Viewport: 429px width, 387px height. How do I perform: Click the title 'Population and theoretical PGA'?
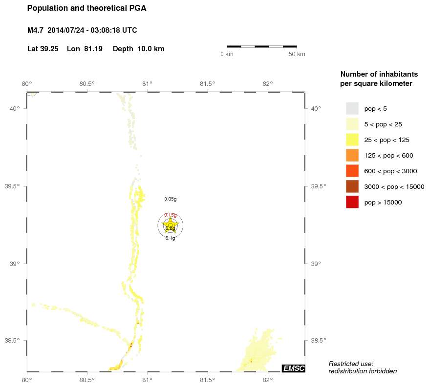(86, 8)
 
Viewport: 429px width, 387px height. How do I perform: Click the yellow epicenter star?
(170, 224)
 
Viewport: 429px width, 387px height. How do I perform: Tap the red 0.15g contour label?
(170, 215)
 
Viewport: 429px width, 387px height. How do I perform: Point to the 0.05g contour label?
(170, 199)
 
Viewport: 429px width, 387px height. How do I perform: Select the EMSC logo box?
(293, 368)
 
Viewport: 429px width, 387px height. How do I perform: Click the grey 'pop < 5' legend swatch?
(352, 108)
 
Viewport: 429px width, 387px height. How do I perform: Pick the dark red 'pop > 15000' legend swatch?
(352, 202)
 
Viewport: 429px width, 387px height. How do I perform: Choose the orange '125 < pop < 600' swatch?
(352, 155)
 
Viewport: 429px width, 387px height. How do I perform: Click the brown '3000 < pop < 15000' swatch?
(352, 186)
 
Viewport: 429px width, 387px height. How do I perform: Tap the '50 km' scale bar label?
(297, 54)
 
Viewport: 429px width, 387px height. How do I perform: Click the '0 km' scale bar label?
(227, 54)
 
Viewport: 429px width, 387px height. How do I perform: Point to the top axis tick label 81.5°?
(207, 83)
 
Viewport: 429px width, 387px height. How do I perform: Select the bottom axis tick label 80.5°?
(87, 379)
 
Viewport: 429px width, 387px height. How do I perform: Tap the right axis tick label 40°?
(316, 108)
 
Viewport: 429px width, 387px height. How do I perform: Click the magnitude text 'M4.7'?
(36, 30)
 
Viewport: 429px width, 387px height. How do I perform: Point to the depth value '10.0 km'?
(151, 49)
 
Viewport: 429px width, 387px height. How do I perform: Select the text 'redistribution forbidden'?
(362, 371)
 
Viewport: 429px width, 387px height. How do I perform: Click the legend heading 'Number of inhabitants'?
(379, 75)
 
